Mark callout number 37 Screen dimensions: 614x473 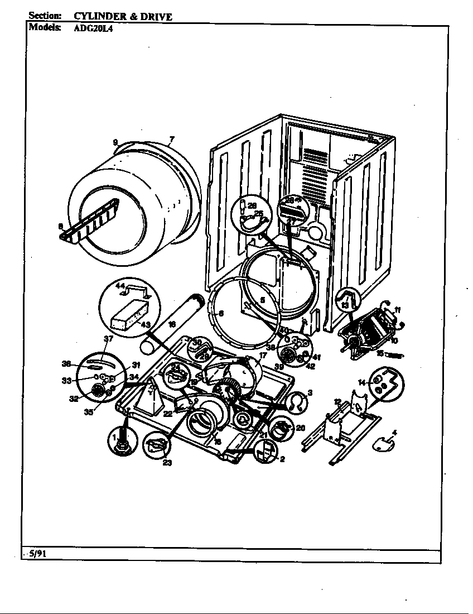point(108,339)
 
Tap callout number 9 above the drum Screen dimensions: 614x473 point(115,143)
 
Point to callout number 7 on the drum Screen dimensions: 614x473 point(172,139)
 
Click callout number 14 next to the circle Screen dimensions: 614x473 point(361,382)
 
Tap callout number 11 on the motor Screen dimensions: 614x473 point(397,310)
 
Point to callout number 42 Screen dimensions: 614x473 point(310,366)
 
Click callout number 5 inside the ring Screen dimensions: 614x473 point(262,299)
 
